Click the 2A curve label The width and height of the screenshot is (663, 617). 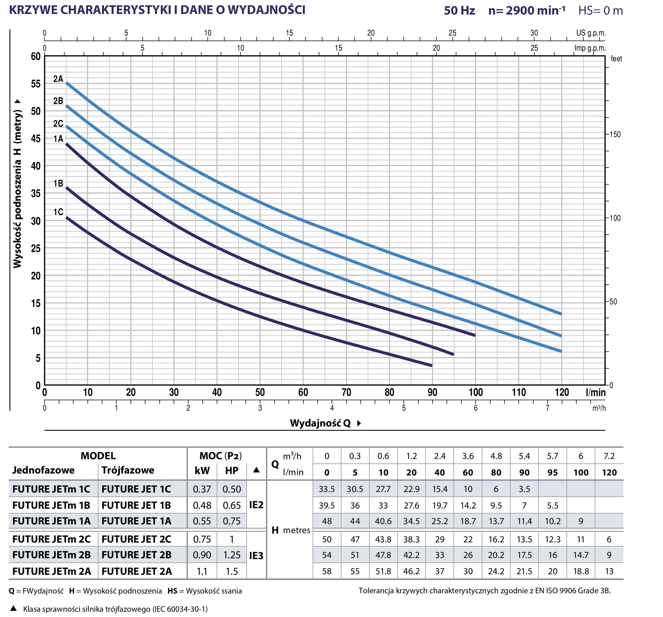[x=58, y=79]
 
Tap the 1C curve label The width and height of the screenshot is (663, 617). [x=58, y=212]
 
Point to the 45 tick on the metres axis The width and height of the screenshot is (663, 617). [x=36, y=138]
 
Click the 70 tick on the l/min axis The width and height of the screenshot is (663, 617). [x=346, y=392]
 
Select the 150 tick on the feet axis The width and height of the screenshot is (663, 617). [x=615, y=135]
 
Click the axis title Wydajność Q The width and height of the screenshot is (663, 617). [x=320, y=423]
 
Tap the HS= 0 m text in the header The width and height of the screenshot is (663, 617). [x=600, y=11]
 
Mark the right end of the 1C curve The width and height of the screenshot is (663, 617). [x=432, y=366]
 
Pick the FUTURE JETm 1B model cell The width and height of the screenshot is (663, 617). [x=51, y=505]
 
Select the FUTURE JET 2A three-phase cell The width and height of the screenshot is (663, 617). [x=137, y=571]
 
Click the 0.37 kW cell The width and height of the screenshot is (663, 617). [x=202, y=489]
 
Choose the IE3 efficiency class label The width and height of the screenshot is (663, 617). [x=256, y=556]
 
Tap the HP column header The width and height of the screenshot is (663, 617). [x=232, y=471]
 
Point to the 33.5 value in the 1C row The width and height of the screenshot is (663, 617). [x=327, y=489]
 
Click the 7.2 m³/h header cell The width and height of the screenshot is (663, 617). [x=609, y=456]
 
